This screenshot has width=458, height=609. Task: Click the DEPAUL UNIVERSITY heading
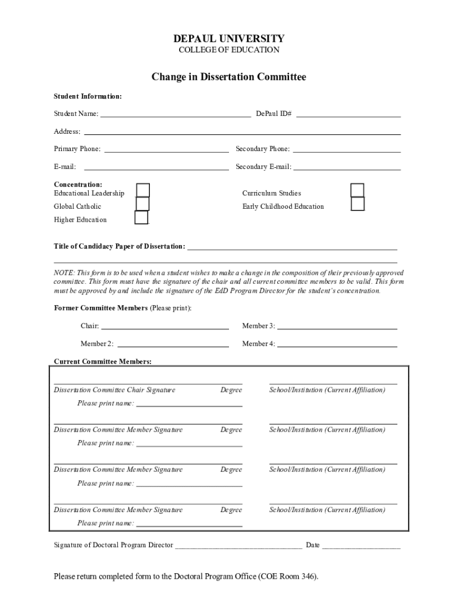point(229,39)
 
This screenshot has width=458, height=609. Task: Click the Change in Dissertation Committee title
point(229,77)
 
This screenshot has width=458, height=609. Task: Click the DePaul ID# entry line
point(348,114)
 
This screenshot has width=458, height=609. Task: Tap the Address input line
point(241,131)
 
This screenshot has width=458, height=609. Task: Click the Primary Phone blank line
point(167,149)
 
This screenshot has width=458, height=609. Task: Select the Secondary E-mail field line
point(347,167)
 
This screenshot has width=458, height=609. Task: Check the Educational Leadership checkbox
point(143,190)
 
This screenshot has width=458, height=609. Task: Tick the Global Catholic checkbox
point(142,204)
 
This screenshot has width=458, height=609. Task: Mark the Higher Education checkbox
point(142,218)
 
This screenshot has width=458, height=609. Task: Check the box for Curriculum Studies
point(357,190)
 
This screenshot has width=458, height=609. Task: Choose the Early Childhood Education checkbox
point(357,204)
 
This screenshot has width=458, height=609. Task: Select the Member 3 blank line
point(337,326)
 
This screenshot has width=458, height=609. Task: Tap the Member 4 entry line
point(337,344)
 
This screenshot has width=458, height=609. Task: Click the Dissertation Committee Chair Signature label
point(115,390)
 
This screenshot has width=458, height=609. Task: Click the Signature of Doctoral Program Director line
point(238,545)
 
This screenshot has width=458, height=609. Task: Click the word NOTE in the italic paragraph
point(64,272)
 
